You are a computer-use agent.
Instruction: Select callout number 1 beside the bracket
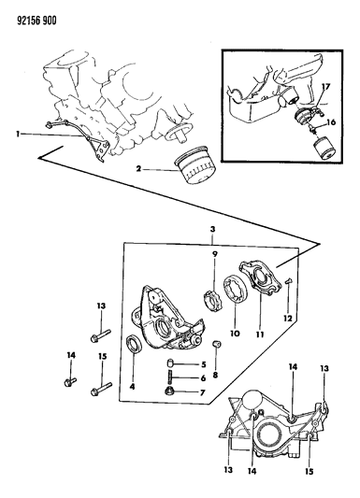click(18, 135)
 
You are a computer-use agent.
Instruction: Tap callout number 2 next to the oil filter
click(138, 169)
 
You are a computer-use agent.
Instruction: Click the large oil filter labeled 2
click(195, 164)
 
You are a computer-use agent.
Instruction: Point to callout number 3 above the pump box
click(212, 229)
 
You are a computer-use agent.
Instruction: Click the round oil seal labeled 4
click(134, 344)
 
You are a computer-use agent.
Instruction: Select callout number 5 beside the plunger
click(204, 364)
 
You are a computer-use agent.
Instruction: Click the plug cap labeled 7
click(170, 391)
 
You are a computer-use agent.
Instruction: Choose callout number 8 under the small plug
click(215, 376)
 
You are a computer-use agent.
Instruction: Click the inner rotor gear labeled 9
click(211, 302)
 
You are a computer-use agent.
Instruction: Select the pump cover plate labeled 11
click(261, 278)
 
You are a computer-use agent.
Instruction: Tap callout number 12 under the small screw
click(288, 318)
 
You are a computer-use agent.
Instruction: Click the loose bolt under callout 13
click(101, 336)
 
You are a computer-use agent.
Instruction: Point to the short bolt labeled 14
click(70, 381)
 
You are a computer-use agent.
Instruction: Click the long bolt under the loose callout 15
click(101, 389)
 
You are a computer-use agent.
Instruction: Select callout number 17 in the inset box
click(326, 86)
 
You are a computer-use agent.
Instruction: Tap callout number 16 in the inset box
click(331, 122)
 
